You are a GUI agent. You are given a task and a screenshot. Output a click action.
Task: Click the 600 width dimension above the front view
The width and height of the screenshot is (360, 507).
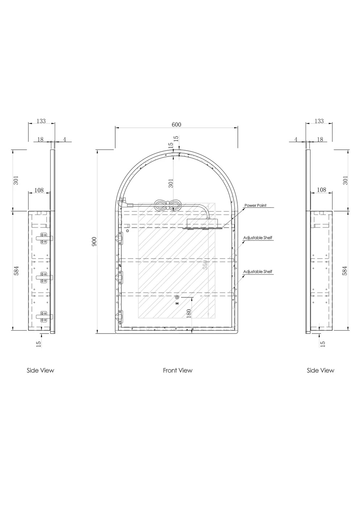tap(176, 125)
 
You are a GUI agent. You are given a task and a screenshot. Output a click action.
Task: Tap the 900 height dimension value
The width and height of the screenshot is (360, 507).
tap(94, 242)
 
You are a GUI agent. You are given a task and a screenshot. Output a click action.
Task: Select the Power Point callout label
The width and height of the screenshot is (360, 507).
tap(255, 205)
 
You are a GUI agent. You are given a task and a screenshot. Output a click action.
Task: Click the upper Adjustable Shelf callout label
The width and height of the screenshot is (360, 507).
tap(258, 238)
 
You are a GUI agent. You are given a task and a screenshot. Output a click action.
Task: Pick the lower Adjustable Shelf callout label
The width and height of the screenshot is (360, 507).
tap(258, 272)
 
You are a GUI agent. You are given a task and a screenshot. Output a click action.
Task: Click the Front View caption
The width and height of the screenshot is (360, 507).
tap(178, 370)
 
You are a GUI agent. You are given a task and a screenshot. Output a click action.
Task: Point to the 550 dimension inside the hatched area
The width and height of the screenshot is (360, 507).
tap(205, 265)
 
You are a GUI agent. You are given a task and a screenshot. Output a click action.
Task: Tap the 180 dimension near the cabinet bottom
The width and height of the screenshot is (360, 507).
tap(189, 314)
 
